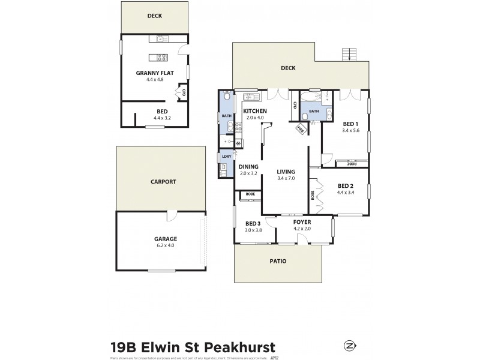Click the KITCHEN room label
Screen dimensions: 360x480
(256, 112)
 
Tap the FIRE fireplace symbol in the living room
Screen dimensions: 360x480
(300, 128)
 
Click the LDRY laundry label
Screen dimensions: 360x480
(226, 157)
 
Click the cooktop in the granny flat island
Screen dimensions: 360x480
(161, 58)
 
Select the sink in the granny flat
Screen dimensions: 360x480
(161, 39)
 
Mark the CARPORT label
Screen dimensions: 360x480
(163, 181)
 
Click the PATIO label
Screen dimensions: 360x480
(277, 261)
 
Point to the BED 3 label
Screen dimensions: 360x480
(252, 224)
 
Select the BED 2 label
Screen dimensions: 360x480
(346, 186)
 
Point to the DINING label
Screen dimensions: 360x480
(248, 167)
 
